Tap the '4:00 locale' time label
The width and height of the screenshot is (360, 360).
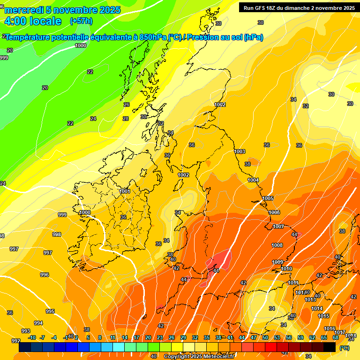tap(32, 21)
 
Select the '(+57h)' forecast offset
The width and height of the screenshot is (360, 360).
tap(81, 21)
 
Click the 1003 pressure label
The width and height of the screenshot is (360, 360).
tap(240, 151)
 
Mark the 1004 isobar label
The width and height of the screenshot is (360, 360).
tap(253, 180)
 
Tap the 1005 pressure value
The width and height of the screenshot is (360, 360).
tap(268, 198)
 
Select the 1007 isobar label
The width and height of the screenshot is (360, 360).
tap(278, 226)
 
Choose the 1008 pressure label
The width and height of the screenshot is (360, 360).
tap(277, 245)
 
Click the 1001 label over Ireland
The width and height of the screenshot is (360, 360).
tap(125, 191)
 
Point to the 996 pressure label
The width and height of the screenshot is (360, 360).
tap(45, 275)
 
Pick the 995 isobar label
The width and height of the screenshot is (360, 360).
tap(50, 311)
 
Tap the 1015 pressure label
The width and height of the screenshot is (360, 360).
tap(323, 316)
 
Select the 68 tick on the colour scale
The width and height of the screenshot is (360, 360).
tap(336, 337)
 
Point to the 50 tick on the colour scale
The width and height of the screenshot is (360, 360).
tap(265, 337)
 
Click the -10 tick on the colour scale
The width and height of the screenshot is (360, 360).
tap(32, 337)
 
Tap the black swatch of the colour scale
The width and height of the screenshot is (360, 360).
tap(330, 347)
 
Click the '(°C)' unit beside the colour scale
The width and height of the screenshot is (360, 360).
tap(345, 348)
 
